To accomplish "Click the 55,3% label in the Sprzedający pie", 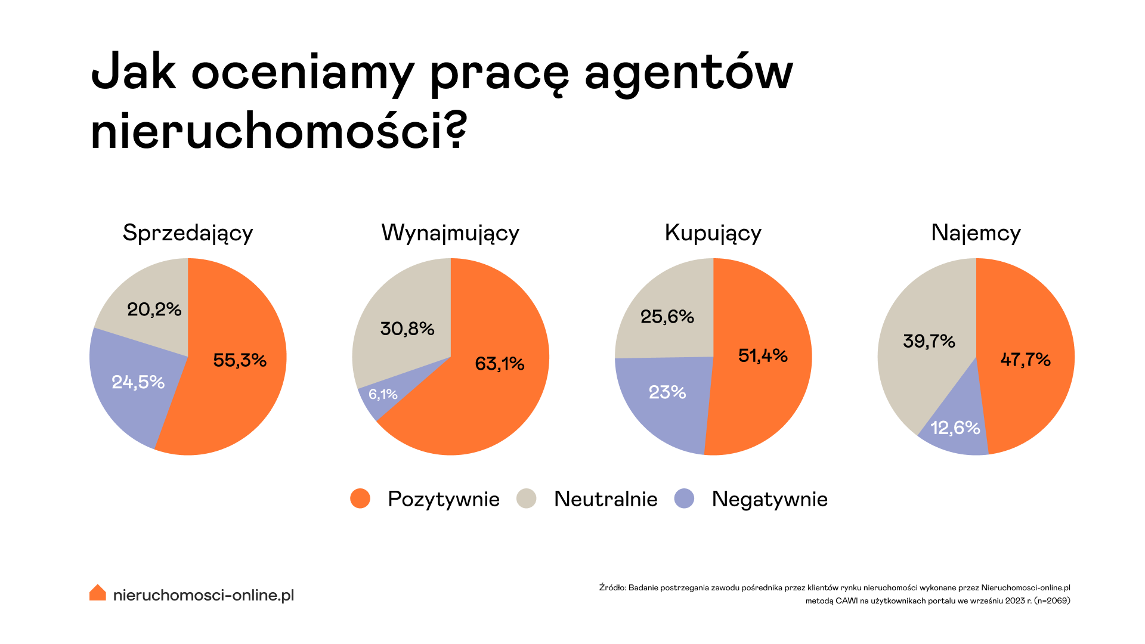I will (240, 360).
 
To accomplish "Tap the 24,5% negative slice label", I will (138, 382).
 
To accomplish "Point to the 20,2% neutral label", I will (154, 309).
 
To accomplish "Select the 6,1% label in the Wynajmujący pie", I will (383, 394).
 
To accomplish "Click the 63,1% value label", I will (500, 364).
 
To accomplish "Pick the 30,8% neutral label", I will (407, 329).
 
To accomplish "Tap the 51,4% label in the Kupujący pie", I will (763, 356).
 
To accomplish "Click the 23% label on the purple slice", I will (667, 392).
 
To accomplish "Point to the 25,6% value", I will (667, 317).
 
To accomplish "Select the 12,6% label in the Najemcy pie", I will (955, 428).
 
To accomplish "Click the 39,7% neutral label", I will (929, 341).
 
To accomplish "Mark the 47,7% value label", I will (1026, 360).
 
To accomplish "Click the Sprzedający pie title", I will (188, 233).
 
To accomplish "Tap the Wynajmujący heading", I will (450, 233).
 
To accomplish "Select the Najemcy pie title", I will (976, 233).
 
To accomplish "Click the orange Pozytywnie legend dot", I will (360, 499).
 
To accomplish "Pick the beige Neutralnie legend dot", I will (527, 499).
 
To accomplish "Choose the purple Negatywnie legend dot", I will (684, 499).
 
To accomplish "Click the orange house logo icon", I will (98, 593).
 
